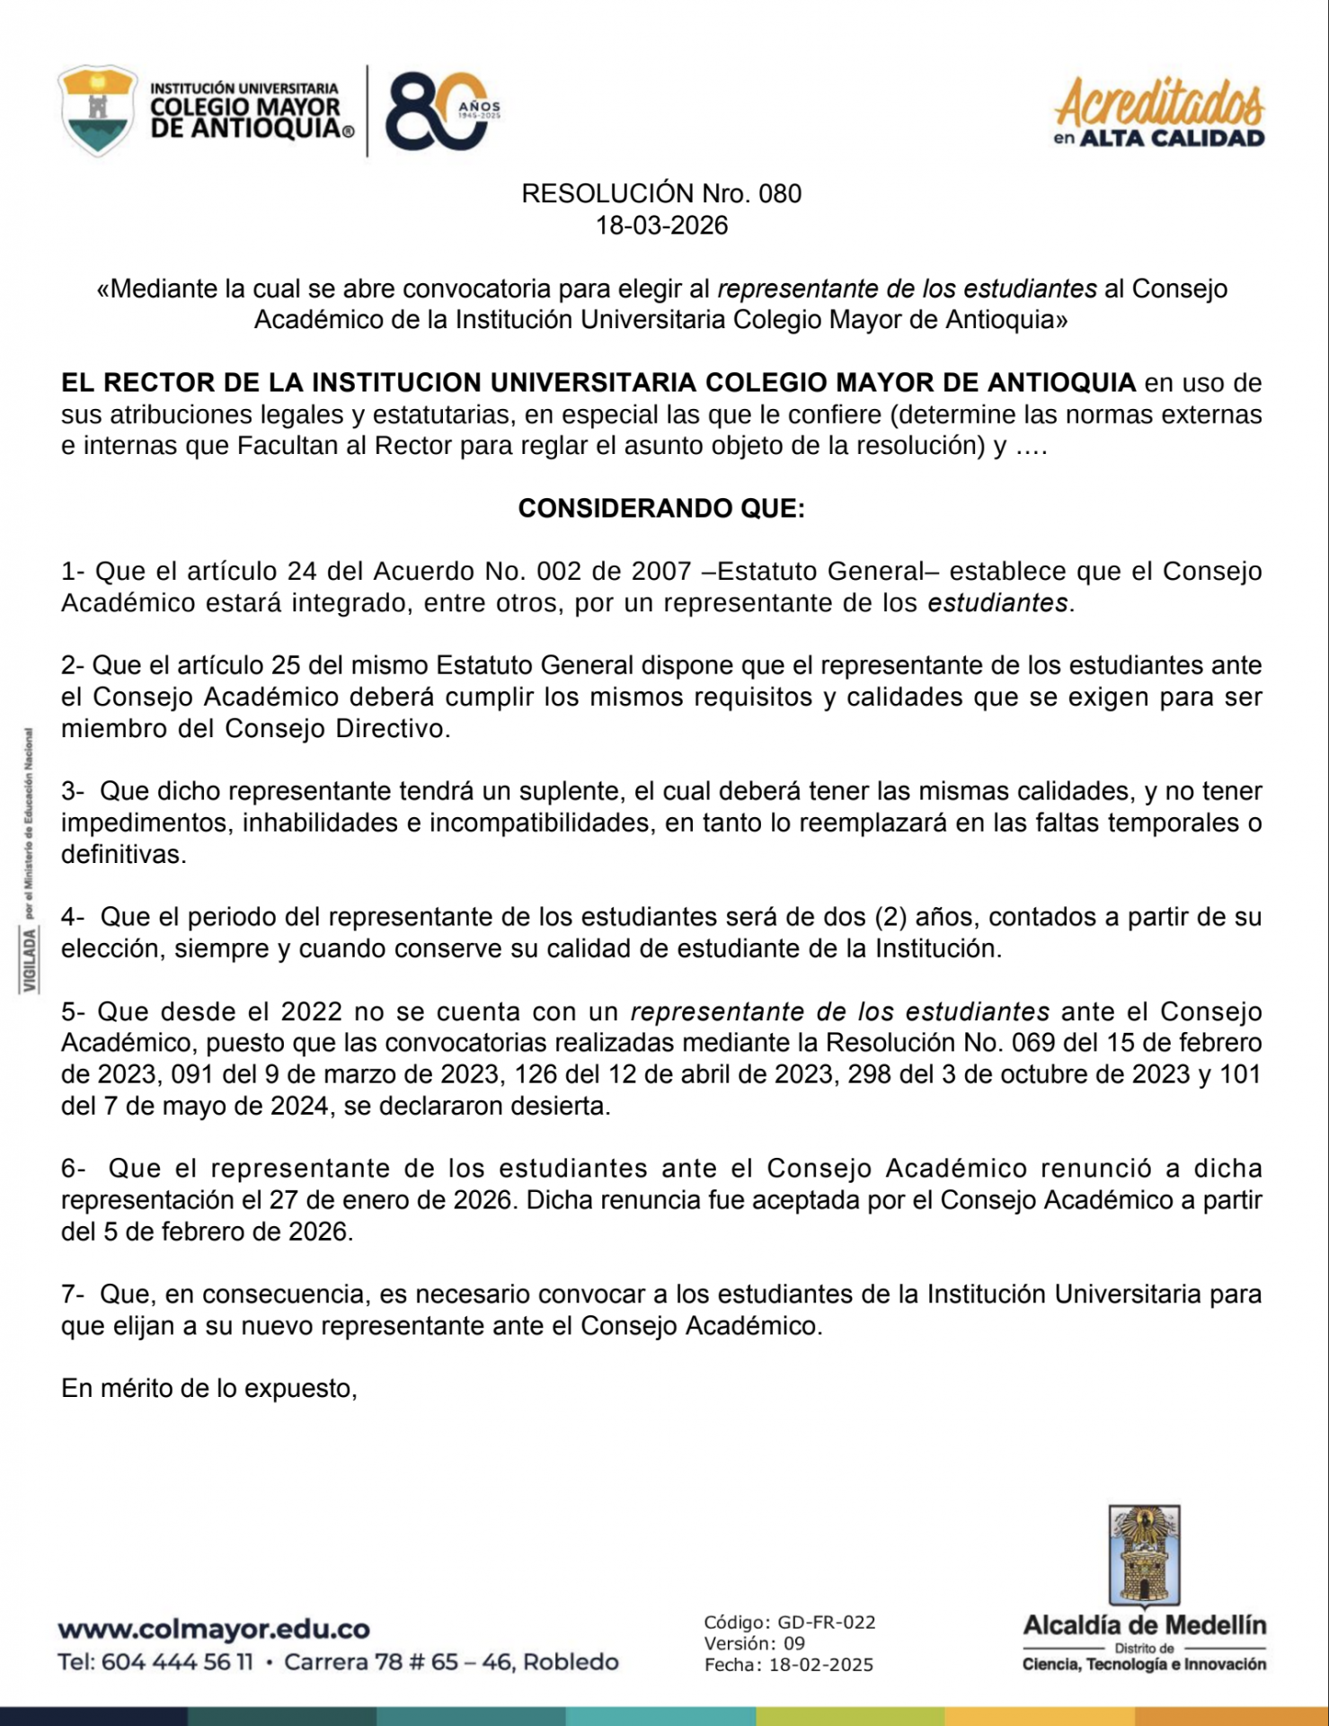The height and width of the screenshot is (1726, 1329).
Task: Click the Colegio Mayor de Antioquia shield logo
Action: click(x=97, y=110)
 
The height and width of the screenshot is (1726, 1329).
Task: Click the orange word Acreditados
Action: click(x=1159, y=103)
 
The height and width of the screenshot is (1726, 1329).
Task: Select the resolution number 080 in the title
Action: click(x=779, y=194)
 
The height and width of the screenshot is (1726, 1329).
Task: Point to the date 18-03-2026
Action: click(x=662, y=226)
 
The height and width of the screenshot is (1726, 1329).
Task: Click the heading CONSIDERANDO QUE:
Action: click(x=662, y=509)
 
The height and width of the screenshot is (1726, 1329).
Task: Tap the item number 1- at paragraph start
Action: click(x=73, y=572)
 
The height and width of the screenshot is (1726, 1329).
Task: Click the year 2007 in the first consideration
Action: click(x=661, y=572)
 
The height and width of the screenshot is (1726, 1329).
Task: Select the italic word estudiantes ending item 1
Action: click(x=997, y=603)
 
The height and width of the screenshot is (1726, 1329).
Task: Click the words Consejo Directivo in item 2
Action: click(x=334, y=729)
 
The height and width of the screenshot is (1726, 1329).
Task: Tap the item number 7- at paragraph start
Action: click(x=73, y=1295)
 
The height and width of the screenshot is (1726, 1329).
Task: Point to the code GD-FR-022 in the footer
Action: click(x=826, y=1623)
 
